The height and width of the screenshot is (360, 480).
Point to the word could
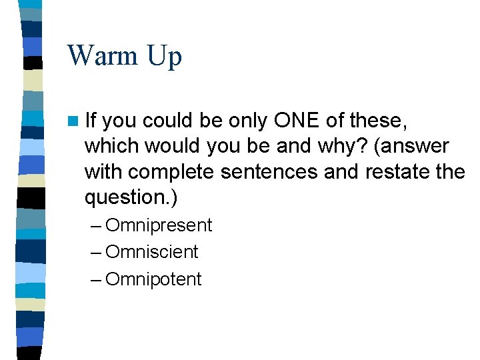(166, 121)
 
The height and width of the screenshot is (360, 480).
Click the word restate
(399, 171)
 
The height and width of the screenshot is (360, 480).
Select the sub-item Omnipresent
(159, 226)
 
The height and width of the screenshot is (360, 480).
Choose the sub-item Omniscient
(152, 252)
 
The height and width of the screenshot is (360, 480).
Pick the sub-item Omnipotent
(153, 279)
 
